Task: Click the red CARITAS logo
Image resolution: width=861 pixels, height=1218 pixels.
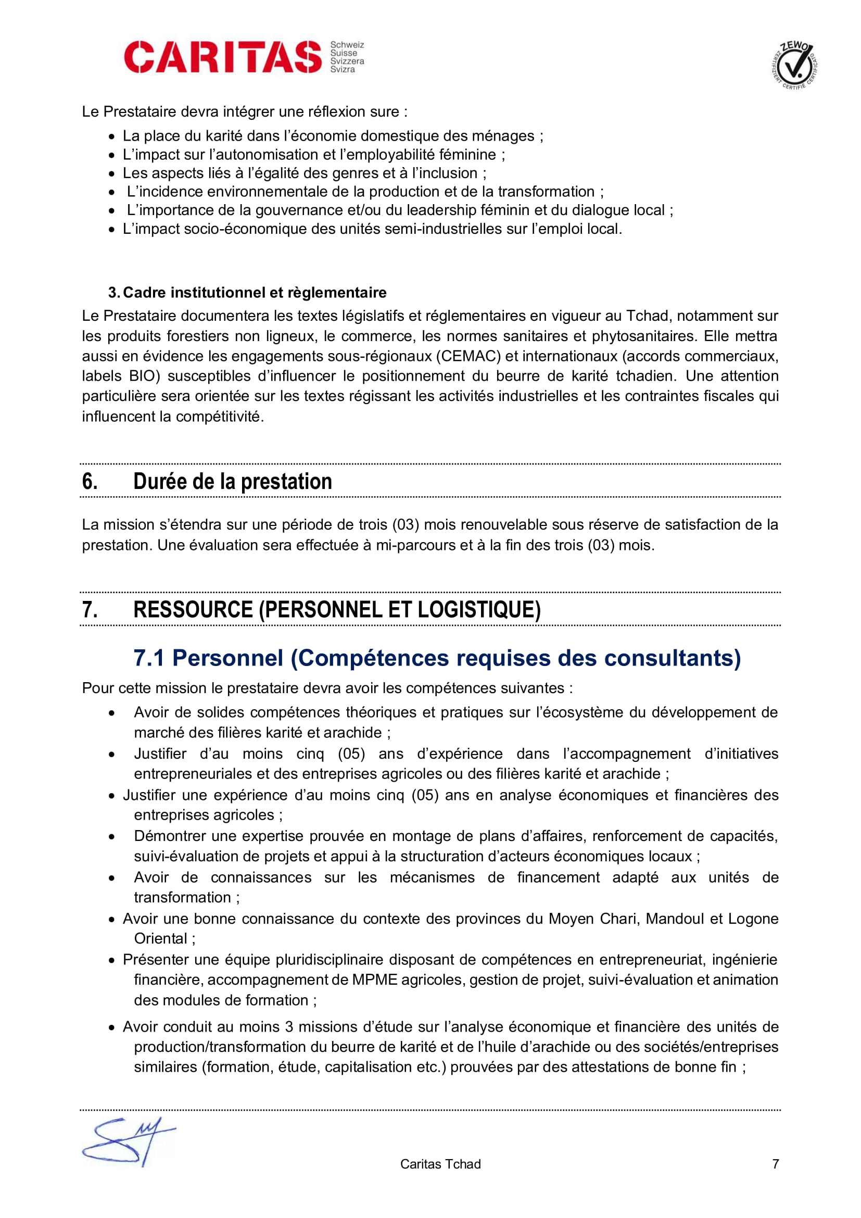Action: coord(223,57)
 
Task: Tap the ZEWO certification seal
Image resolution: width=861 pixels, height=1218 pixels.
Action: coord(794,65)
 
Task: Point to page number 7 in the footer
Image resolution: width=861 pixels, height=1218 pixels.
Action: coord(775,1164)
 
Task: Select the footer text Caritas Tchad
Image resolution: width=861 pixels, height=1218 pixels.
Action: coord(440,1164)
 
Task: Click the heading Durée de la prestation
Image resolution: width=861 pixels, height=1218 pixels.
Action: coord(233,481)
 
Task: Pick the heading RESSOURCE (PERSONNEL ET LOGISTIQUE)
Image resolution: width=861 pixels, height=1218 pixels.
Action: coord(337,609)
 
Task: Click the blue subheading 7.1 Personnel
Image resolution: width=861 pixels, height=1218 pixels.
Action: coord(437,658)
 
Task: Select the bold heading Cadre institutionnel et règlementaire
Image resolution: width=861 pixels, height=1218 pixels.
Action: coord(255,292)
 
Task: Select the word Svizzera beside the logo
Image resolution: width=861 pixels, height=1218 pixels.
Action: coord(347,61)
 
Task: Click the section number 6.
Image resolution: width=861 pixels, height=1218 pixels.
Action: coord(90,481)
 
